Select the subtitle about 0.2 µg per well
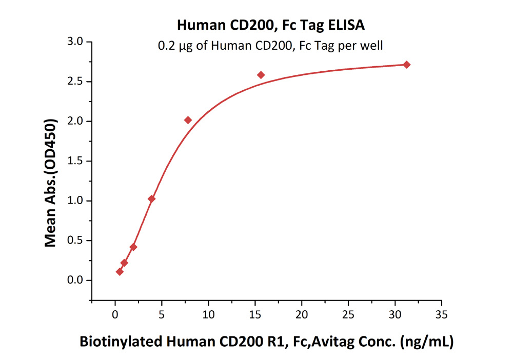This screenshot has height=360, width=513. tap(270, 46)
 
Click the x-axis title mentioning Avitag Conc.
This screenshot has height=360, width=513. tap(266, 342)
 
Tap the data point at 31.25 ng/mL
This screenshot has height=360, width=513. tap(407, 65)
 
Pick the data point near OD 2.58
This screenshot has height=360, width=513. tap(261, 75)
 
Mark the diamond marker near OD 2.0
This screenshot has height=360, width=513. tap(188, 120)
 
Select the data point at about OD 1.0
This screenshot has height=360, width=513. tap(151, 198)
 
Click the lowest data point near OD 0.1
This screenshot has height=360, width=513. tap(120, 271)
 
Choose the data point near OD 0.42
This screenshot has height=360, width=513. tap(133, 247)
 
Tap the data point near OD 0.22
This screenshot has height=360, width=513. tap(124, 263)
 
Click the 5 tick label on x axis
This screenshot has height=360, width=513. tap(162, 314)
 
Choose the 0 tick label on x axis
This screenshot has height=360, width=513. tap(115, 314)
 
